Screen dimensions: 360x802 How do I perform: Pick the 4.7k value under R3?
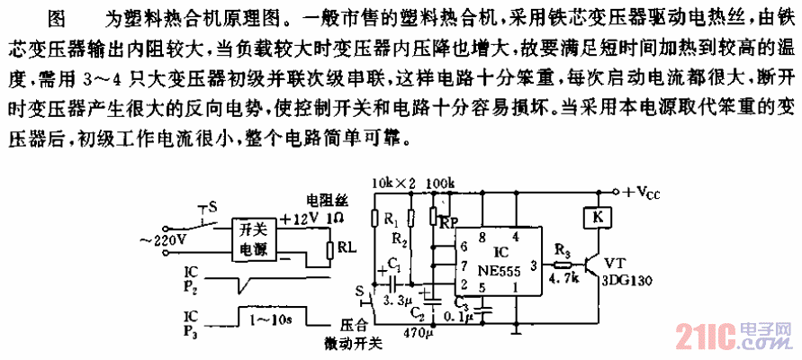(562, 280)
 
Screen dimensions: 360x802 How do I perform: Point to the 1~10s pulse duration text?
(267, 319)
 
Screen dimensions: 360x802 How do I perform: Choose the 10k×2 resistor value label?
(394, 184)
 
